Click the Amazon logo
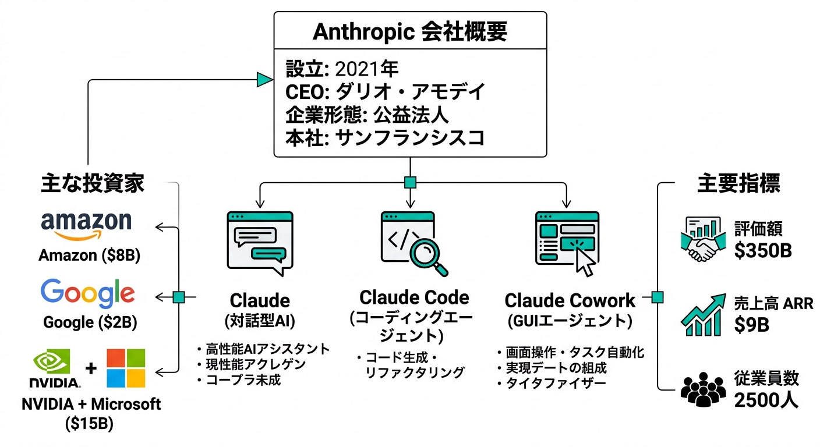[x=86, y=225]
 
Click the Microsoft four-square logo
[x=126, y=368]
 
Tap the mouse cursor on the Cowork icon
[x=585, y=264]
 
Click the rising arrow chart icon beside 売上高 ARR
[x=702, y=314]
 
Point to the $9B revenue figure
[x=751, y=324]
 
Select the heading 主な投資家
[x=93, y=184]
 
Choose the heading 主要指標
[x=738, y=184]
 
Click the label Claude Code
[x=414, y=297]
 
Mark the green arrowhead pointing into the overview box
[x=265, y=80]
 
